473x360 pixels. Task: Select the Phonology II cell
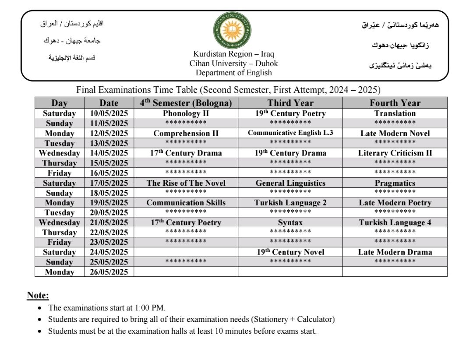[x=186, y=113]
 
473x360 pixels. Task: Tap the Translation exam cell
[x=395, y=113]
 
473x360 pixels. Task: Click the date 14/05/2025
[x=109, y=153]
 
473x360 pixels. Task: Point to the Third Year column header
[x=290, y=103]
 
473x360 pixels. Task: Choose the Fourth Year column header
[x=395, y=103]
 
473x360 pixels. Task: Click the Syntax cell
[x=290, y=222]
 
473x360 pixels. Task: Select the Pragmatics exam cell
[x=395, y=183]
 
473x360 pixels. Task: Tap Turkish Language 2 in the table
[x=290, y=203]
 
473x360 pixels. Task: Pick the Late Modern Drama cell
[x=395, y=252]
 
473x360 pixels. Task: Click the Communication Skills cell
[x=186, y=203]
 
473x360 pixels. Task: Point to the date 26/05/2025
[x=109, y=272]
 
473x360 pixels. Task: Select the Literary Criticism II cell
[x=395, y=153]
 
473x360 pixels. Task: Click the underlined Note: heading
[x=38, y=295]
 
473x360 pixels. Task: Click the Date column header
[x=109, y=103]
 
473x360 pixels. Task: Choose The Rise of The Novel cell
[x=186, y=183]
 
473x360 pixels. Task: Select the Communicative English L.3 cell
[x=290, y=133]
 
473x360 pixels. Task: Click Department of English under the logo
[x=233, y=73]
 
